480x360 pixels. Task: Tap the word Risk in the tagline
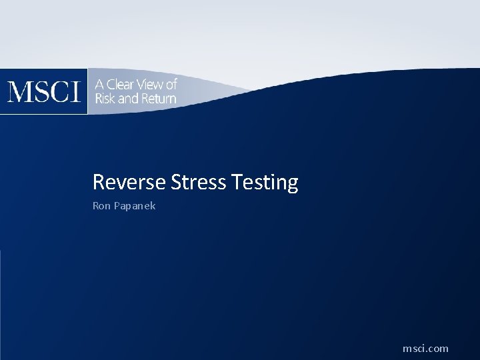coord(105,99)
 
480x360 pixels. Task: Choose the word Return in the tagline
coord(159,99)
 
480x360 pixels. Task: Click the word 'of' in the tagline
coord(171,85)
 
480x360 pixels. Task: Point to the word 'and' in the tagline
coord(127,99)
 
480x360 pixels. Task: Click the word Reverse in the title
coord(129,182)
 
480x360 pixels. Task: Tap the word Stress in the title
coord(199,182)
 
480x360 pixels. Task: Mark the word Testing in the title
coord(265,183)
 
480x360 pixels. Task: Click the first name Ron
coord(101,206)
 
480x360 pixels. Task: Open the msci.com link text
coord(425,349)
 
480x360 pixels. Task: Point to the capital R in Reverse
coord(99,182)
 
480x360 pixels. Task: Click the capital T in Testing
coord(237,182)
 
